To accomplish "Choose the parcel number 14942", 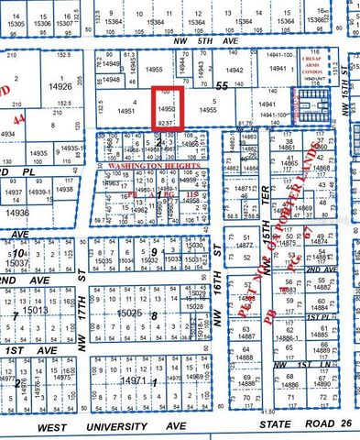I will pyautogui.click(x=235, y=69).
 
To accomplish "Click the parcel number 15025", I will pyautogui.click(x=127, y=313).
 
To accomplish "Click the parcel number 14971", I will pyautogui.click(x=134, y=378).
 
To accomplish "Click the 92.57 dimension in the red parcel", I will pyautogui.click(x=166, y=120).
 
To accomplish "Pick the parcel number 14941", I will pyautogui.click(x=267, y=104).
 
